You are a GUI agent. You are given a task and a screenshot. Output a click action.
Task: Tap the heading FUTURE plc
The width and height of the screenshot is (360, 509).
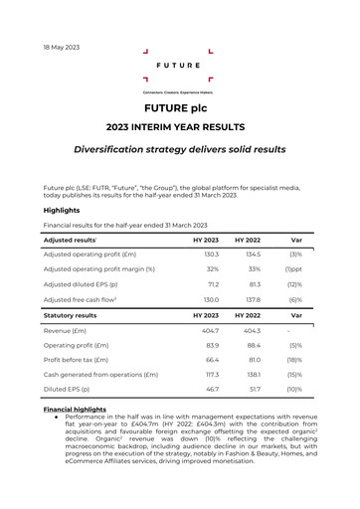(179, 107)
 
